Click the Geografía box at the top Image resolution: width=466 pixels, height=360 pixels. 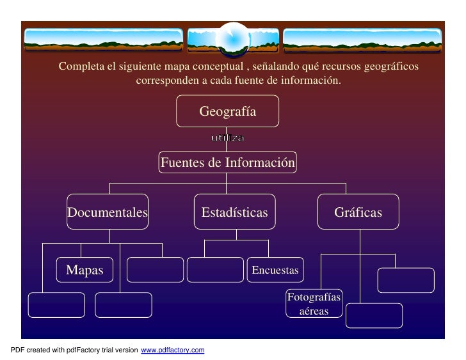pyautogui.click(x=227, y=111)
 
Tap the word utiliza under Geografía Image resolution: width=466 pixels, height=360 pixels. pyautogui.click(x=227, y=138)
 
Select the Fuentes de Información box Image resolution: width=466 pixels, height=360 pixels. pyautogui.click(x=227, y=162)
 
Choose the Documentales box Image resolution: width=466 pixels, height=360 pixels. pyautogui.click(x=108, y=212)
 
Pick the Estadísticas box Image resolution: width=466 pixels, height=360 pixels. pyautogui.click(x=234, y=212)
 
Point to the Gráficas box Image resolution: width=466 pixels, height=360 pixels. pyautogui.click(x=358, y=212)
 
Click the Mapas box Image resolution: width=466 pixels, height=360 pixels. pyautogui.click(x=84, y=270)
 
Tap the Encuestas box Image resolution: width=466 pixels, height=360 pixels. pyautogui.click(x=275, y=270)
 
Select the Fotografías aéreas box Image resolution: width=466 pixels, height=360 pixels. pyautogui.click(x=314, y=304)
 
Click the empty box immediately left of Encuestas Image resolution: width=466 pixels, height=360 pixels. pyautogui.click(x=216, y=270)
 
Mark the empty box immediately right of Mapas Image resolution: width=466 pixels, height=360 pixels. pyautogui.click(x=154, y=270)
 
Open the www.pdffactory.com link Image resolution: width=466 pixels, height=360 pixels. pyautogui.click(x=172, y=350)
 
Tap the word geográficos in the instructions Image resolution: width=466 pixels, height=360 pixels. pyautogui.click(x=390, y=67)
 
